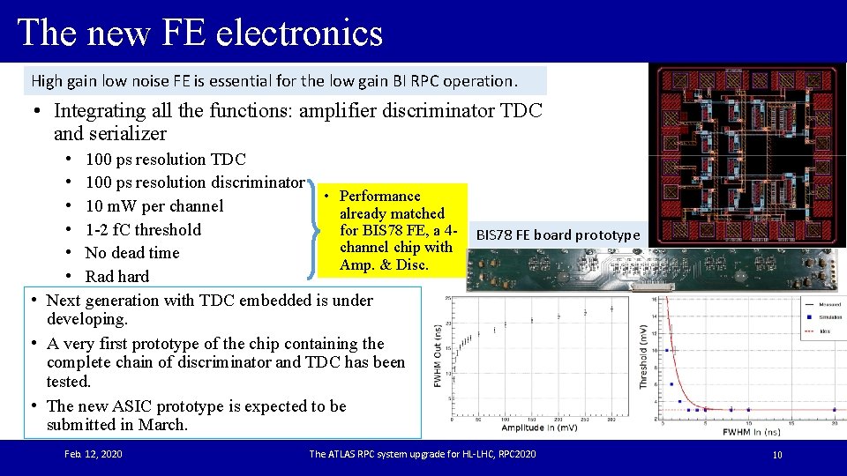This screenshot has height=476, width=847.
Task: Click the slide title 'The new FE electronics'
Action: tap(200, 33)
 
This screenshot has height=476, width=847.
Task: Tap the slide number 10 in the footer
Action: tap(777, 455)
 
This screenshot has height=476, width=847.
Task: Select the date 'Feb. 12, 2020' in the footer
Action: tap(94, 454)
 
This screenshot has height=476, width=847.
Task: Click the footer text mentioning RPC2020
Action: tap(422, 454)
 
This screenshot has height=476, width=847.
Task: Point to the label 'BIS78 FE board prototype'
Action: tap(558, 235)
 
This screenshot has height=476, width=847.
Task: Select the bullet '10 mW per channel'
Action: tap(154, 206)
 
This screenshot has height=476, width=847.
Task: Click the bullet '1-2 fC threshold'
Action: tap(143, 230)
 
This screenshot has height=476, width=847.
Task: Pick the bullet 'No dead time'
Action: tap(131, 253)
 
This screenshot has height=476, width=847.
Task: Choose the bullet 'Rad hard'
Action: tap(116, 277)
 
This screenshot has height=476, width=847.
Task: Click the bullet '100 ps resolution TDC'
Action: tap(165, 160)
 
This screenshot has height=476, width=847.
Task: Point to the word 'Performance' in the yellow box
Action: tap(379, 196)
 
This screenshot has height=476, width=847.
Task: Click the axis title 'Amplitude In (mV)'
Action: tap(541, 428)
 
